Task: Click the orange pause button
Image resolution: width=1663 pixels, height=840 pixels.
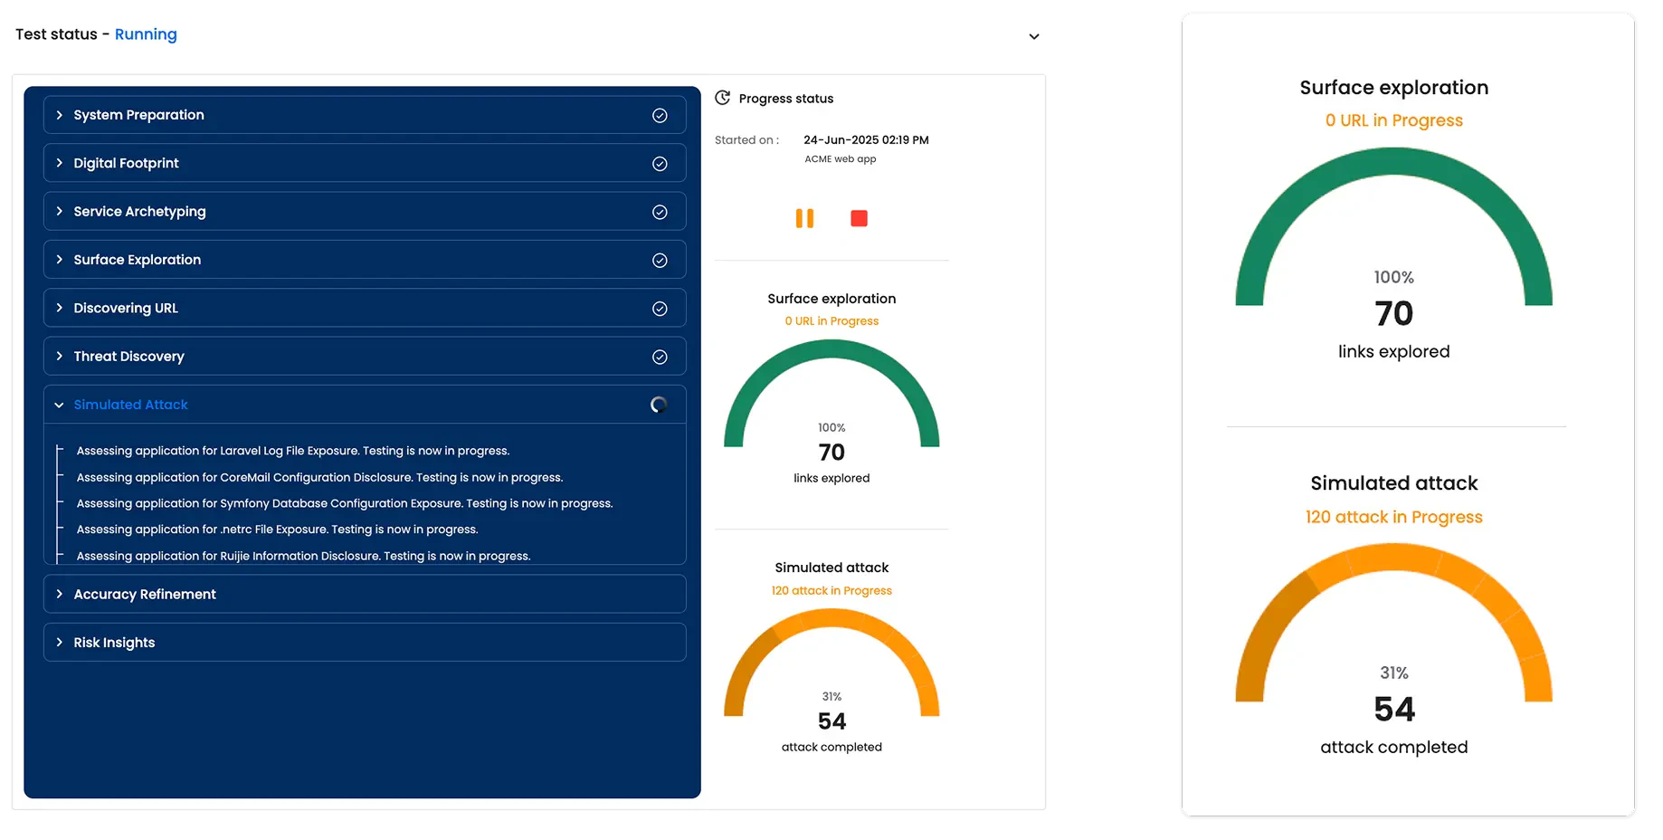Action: [804, 218]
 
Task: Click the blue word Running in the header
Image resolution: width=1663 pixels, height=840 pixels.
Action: [146, 34]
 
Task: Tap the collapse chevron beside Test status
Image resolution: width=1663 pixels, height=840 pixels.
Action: [1034, 37]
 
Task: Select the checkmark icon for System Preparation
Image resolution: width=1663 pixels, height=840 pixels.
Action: [660, 116]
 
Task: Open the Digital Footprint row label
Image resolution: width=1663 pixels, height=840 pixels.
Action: [126, 163]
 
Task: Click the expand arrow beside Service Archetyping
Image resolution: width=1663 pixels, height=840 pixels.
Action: [60, 211]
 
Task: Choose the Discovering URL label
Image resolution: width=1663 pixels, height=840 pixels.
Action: [126, 308]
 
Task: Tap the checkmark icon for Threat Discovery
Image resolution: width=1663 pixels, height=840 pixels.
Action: [660, 357]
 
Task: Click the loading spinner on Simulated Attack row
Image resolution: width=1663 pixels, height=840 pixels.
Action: [659, 405]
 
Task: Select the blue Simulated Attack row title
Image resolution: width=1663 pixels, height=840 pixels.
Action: [130, 405]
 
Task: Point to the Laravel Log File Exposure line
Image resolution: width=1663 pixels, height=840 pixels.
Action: [292, 451]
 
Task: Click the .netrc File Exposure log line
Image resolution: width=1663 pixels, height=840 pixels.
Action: [277, 530]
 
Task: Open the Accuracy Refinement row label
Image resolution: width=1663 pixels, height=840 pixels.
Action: [145, 594]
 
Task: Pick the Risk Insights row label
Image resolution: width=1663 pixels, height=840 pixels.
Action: [114, 643]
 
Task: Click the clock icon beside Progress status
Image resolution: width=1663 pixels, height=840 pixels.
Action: [722, 98]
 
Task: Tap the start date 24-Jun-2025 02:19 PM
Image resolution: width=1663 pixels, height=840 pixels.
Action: [866, 140]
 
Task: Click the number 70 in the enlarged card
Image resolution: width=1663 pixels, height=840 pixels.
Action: [1393, 314]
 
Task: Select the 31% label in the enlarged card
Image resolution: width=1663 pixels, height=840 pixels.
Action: [1393, 673]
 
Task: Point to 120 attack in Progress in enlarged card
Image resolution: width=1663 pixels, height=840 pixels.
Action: [1393, 517]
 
